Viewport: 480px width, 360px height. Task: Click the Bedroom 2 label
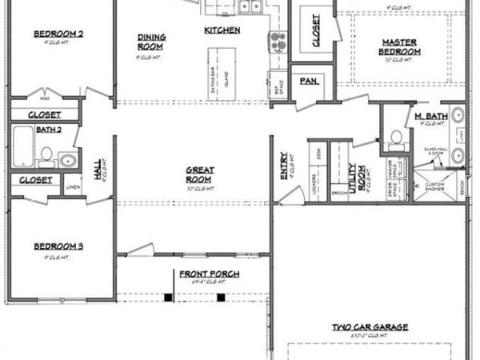(59, 34)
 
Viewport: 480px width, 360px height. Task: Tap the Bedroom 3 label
(59, 246)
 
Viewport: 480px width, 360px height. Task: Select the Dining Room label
(150, 41)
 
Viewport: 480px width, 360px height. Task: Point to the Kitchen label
(222, 30)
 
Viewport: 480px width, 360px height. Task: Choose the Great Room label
(199, 174)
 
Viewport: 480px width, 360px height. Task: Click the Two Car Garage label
(371, 327)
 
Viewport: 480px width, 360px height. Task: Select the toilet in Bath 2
(46, 154)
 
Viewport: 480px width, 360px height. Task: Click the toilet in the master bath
(395, 138)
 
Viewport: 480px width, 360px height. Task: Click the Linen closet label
(74, 187)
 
